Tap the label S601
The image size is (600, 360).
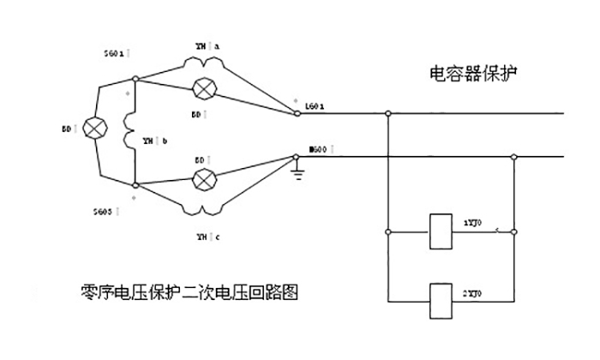116,53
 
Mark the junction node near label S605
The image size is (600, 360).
138,184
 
